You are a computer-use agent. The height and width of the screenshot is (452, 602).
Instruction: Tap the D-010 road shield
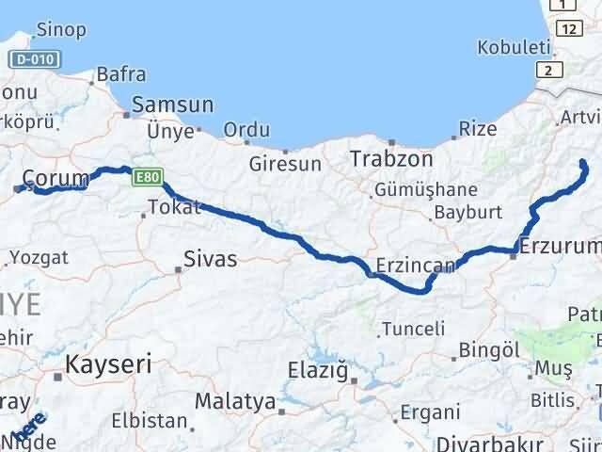point(35,59)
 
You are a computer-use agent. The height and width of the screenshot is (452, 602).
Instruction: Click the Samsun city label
point(172,105)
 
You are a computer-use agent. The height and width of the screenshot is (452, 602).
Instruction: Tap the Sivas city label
point(211,257)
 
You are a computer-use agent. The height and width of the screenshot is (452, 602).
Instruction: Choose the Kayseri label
point(109,363)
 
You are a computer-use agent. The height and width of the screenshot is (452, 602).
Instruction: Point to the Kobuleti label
point(511,46)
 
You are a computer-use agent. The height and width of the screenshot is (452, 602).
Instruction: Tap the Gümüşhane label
point(425,190)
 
